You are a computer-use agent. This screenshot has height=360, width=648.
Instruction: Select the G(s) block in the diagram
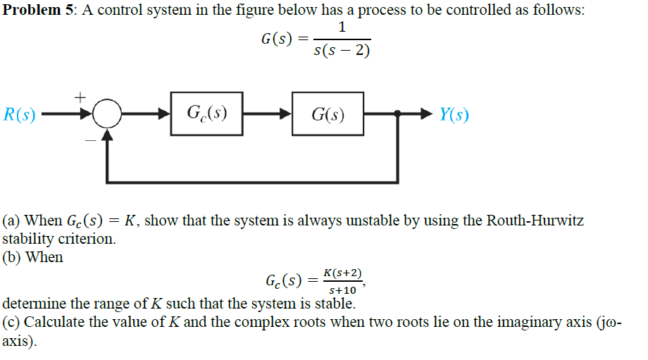pyautogui.click(x=328, y=113)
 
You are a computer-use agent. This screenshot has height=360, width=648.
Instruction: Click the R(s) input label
pyautogui.click(x=20, y=114)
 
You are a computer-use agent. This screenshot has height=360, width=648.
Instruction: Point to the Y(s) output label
pyautogui.click(x=454, y=114)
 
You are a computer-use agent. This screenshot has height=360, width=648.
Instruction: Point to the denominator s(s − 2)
pyautogui.click(x=341, y=51)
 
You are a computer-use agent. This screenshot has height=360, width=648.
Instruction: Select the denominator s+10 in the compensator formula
pyautogui.click(x=342, y=290)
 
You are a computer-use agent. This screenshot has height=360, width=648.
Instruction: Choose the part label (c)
pyautogui.click(x=11, y=324)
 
